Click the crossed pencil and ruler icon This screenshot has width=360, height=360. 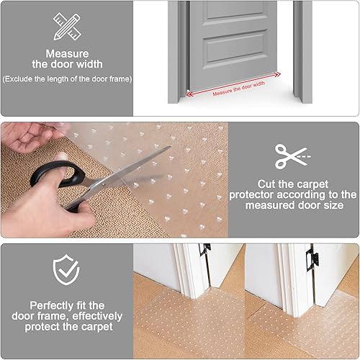coord(66,27)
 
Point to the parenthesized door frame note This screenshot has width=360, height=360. coord(66,78)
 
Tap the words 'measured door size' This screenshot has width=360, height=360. coord(293,206)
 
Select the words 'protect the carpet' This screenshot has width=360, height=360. coord(66,326)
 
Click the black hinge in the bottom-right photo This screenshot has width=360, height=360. coord(312,255)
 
